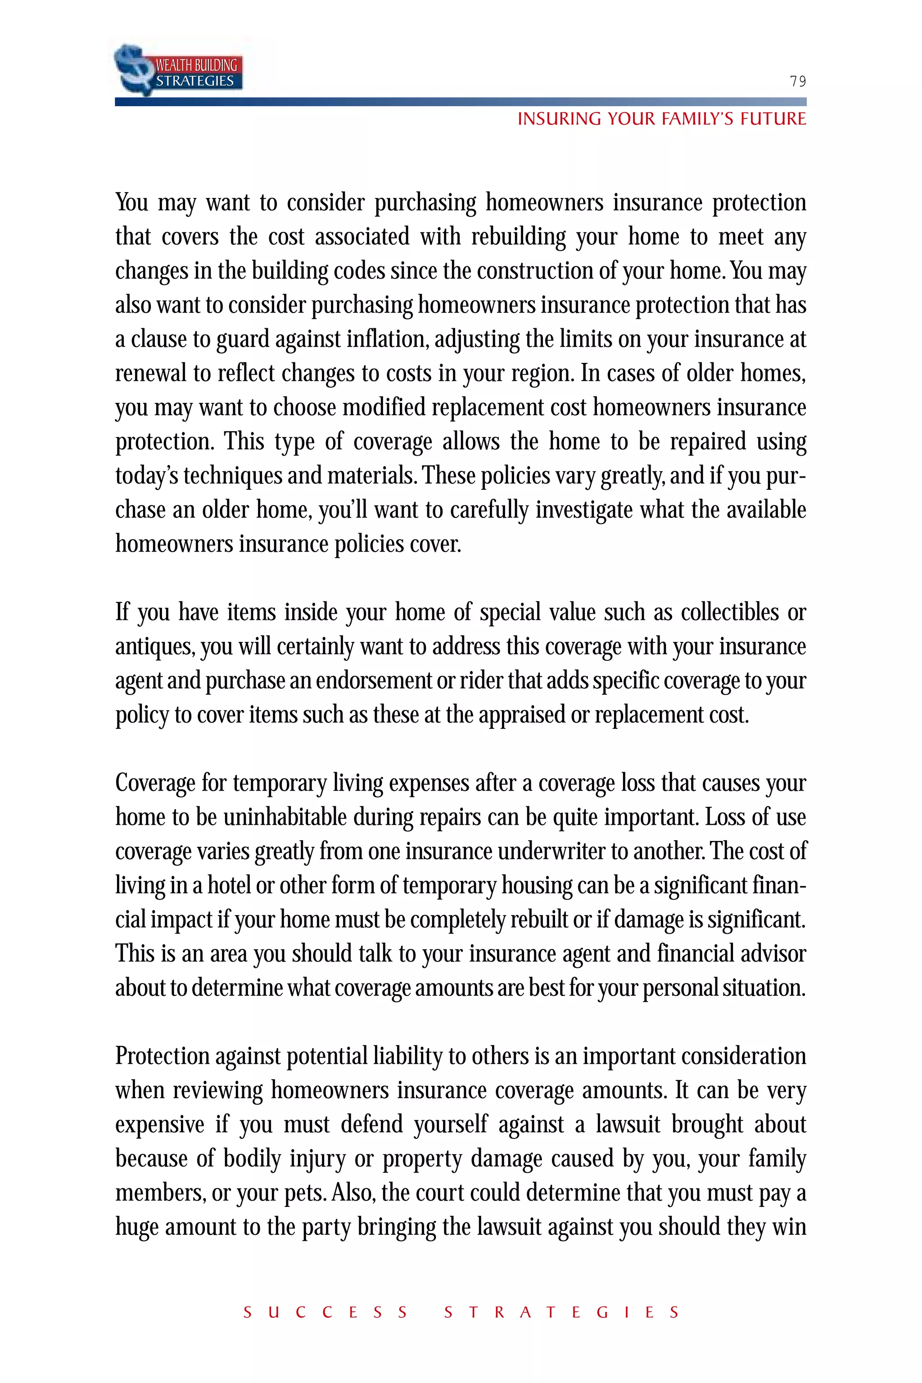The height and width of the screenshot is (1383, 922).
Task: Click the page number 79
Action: [797, 81]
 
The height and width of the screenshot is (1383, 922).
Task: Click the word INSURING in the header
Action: [559, 119]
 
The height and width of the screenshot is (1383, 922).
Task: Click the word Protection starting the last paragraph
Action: [162, 1057]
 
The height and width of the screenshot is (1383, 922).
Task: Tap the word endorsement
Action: [373, 680]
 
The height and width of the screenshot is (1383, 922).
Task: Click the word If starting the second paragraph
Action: [122, 612]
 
